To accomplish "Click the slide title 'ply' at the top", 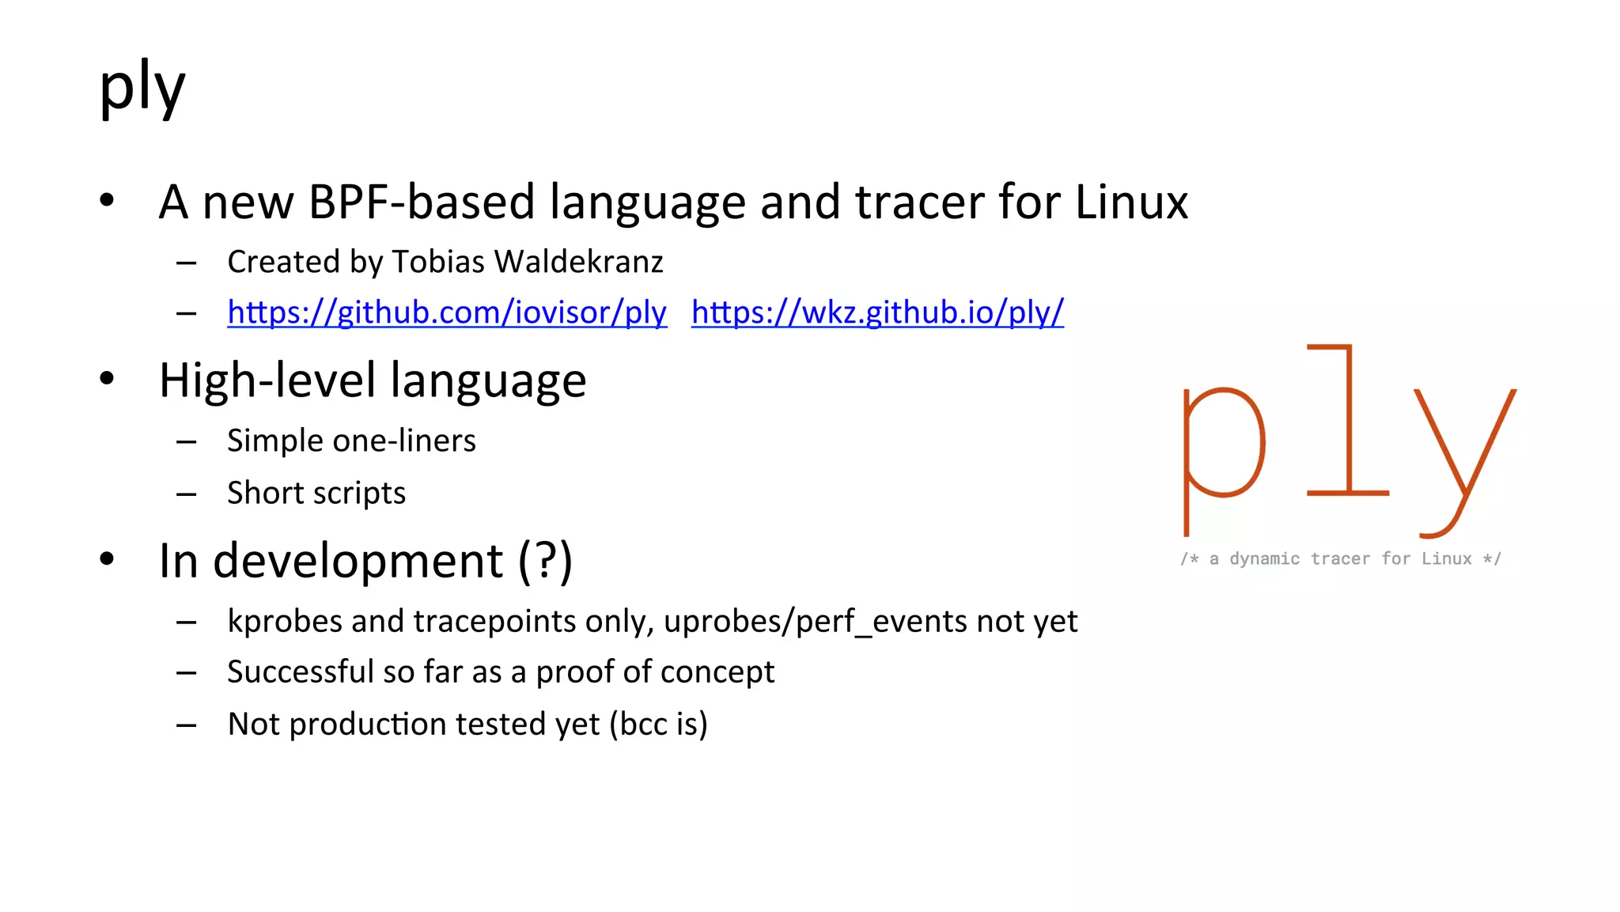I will click(142, 87).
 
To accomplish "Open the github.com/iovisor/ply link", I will click(447, 312).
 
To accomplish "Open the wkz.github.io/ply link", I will click(877, 312).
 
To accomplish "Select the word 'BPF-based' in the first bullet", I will click(422, 202).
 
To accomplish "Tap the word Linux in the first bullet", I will click(1131, 202).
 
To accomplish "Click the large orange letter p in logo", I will click(1222, 451).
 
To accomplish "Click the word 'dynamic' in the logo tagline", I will click(1264, 559).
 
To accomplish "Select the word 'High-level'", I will click(267, 380).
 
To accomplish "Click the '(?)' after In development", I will click(545, 561).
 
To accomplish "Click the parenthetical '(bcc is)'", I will click(658, 725).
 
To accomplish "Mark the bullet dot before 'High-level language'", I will click(107, 379).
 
